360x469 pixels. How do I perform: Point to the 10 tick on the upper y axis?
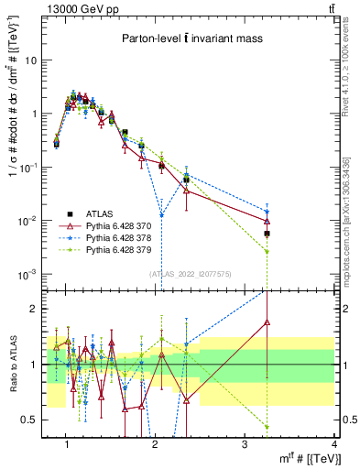click(x=30, y=60)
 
